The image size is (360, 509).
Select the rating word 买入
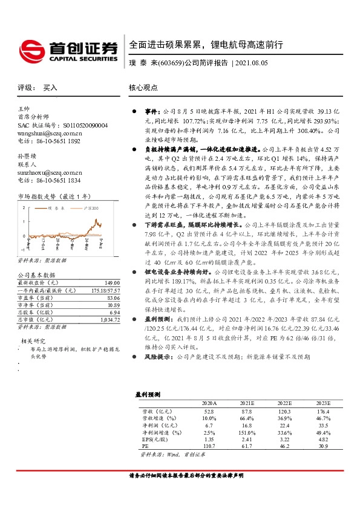(50, 88)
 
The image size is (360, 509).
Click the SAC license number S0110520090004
(71, 125)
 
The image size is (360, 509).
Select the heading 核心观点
(144, 88)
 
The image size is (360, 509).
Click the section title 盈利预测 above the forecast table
(148, 394)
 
